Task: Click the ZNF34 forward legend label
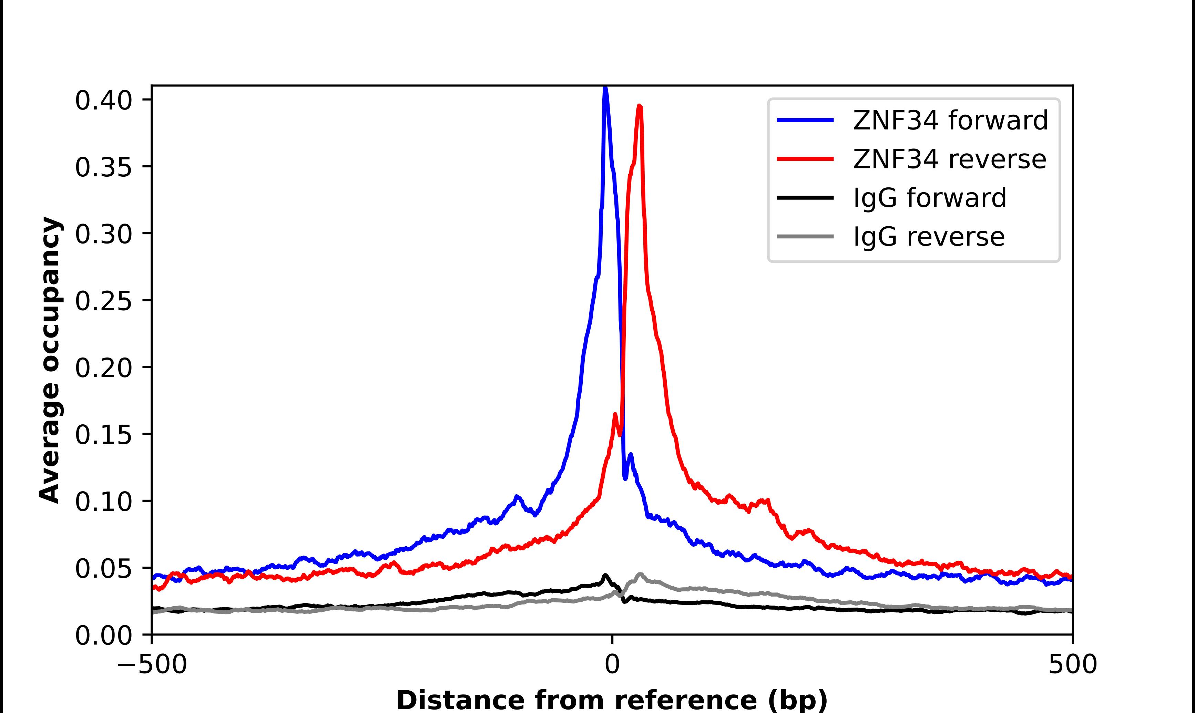click(950, 120)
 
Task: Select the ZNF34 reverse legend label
click(949, 159)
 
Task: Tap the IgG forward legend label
click(929, 198)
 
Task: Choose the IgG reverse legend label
click(929, 237)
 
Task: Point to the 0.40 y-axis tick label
click(103, 101)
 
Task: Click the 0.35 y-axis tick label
click(103, 167)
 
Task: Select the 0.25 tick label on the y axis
click(103, 301)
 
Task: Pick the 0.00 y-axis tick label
click(103, 635)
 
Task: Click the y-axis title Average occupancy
click(50, 360)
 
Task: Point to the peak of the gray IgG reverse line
click(640, 574)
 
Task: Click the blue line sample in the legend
click(805, 120)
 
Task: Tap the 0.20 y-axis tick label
click(103, 368)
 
